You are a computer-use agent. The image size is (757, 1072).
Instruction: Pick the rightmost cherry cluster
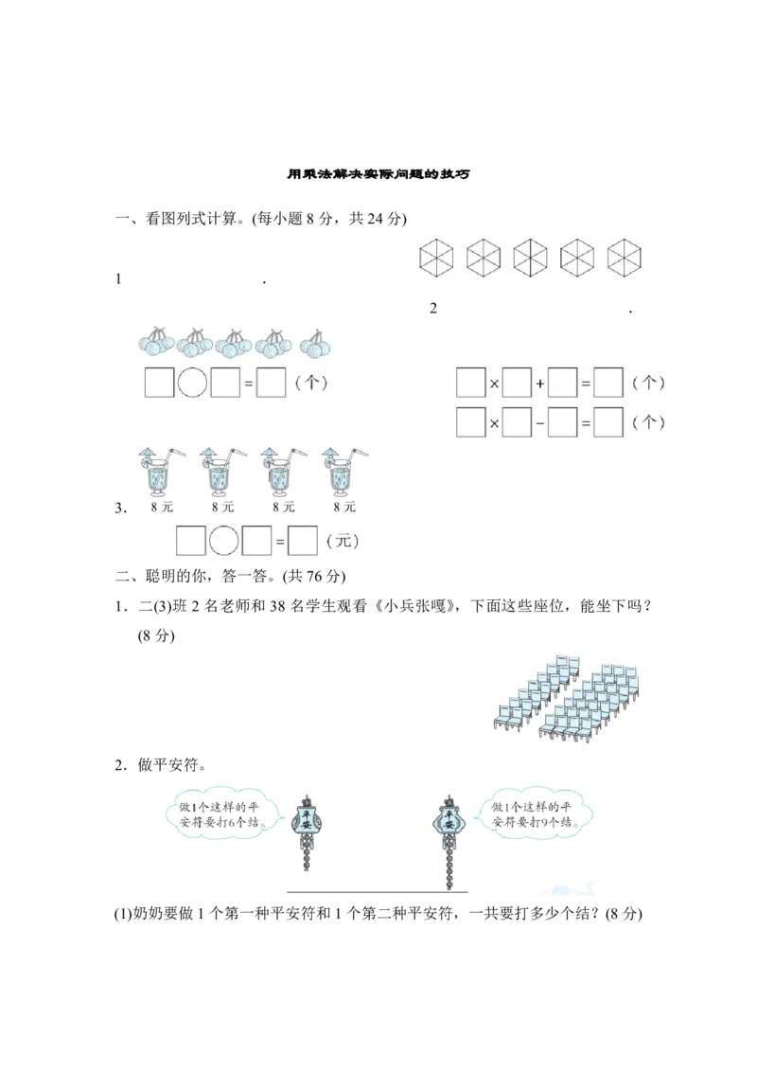(x=316, y=343)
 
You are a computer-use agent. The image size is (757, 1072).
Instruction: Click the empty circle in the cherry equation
(x=193, y=384)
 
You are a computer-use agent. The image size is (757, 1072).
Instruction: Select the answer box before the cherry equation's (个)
(x=272, y=384)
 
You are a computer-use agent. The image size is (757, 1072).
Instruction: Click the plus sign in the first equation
(x=539, y=384)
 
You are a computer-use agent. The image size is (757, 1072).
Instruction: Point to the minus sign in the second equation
(x=539, y=422)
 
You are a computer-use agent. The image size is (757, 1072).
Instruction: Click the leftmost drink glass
(x=156, y=473)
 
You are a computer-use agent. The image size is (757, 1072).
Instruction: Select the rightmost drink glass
(x=340, y=473)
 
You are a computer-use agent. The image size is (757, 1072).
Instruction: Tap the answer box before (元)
(x=302, y=542)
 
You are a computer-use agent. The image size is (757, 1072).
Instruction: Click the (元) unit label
(x=342, y=542)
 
